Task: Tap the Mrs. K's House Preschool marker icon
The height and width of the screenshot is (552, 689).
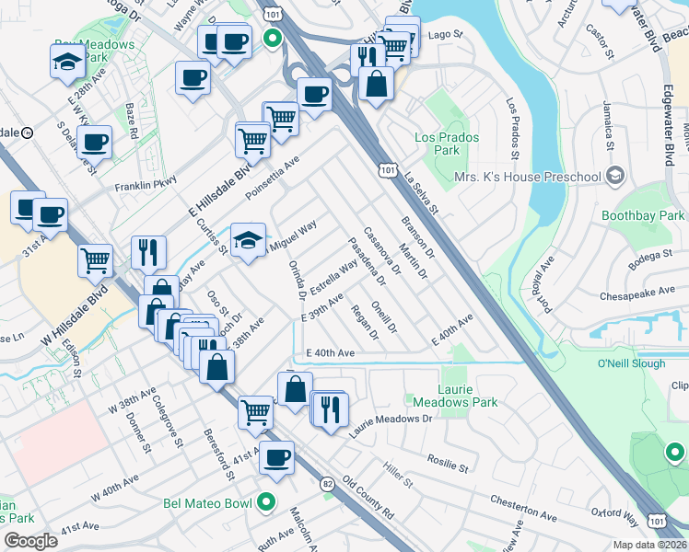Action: point(616,176)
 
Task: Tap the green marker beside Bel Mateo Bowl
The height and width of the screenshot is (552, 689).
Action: point(267,502)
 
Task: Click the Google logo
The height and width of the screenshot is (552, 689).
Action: point(30,541)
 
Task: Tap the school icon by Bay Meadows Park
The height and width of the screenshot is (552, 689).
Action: point(66,63)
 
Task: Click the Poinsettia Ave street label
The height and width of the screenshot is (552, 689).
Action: point(273,178)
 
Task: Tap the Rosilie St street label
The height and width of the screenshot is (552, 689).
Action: point(448,465)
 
